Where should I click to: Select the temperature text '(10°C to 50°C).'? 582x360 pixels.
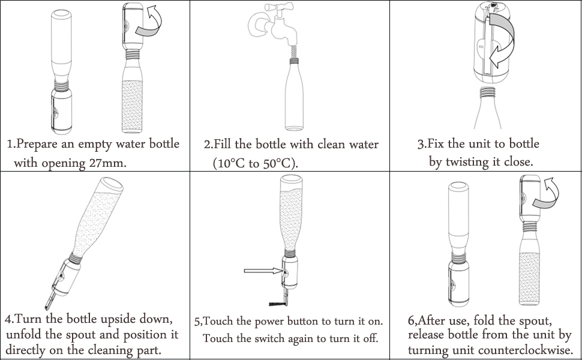pos(256,163)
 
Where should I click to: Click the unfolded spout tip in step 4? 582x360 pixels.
pos(47,307)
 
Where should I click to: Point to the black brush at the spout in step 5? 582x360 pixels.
pos(278,304)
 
